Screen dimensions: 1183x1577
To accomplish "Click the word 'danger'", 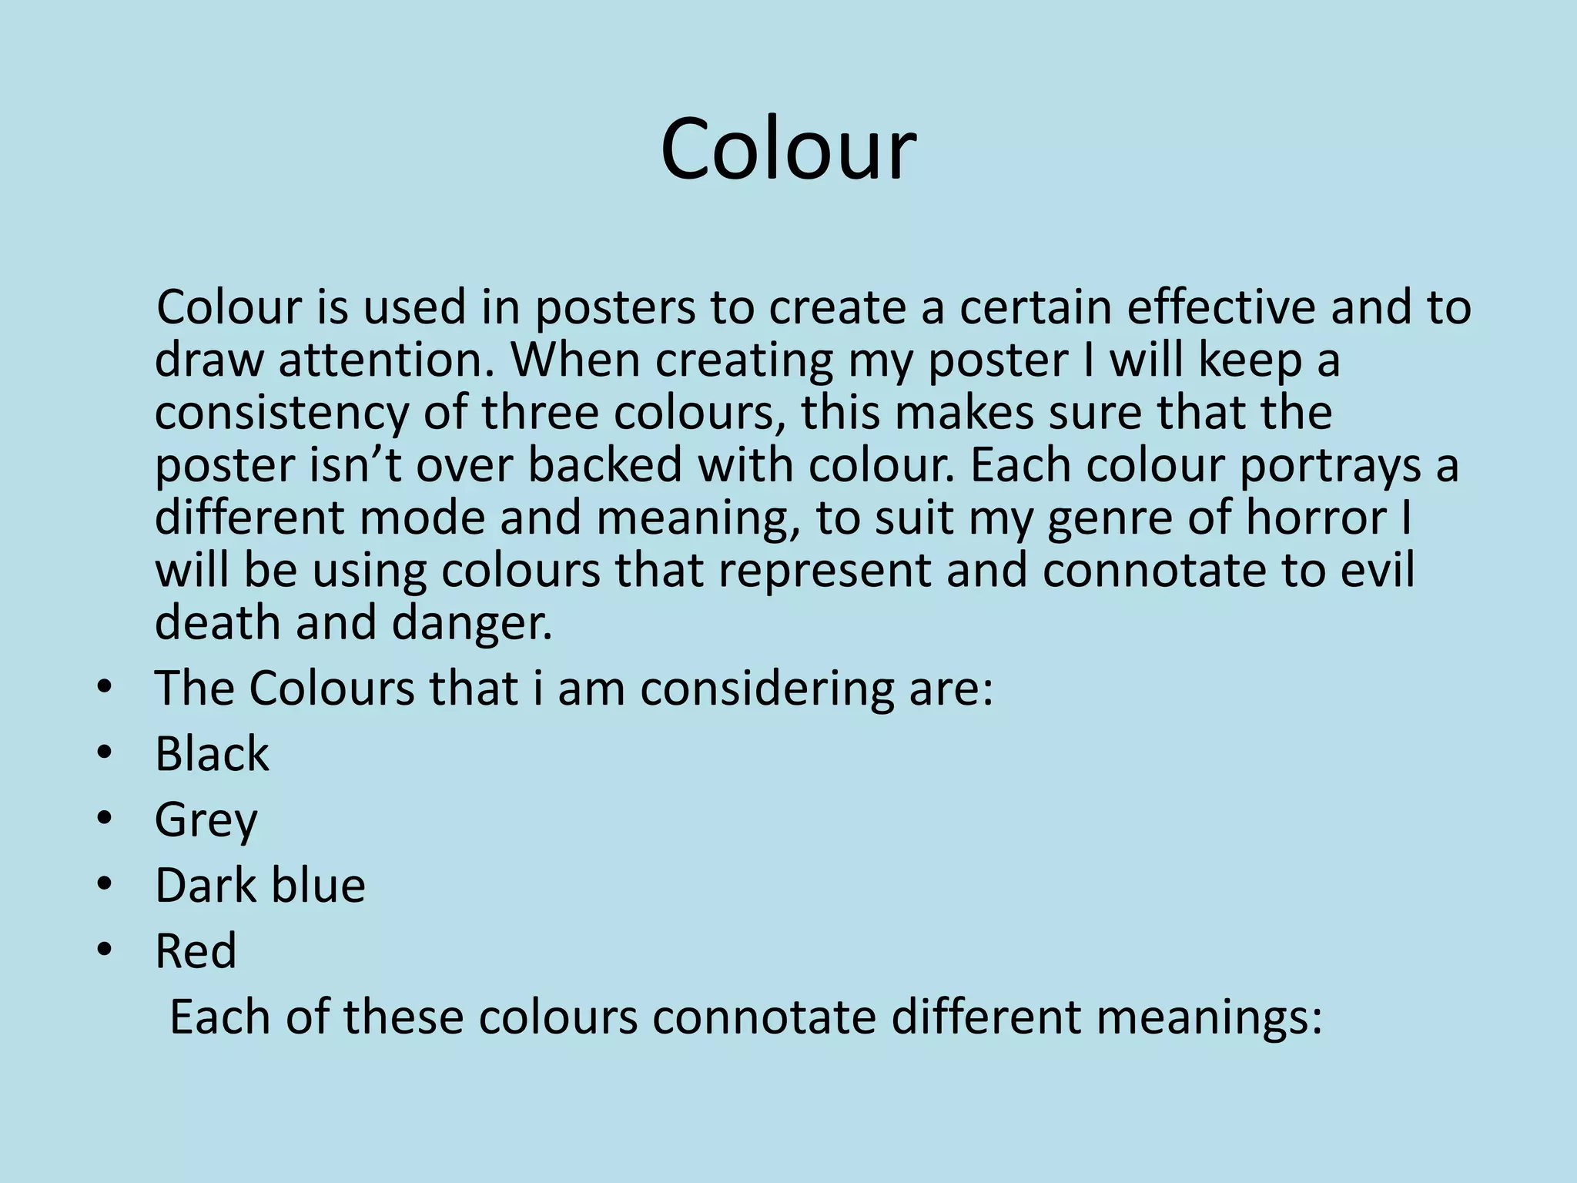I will [471, 624].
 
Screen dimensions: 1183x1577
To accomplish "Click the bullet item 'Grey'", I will [206, 820].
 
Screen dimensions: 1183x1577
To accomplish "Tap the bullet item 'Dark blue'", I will [260, 885].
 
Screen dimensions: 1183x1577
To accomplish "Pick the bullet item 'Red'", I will [196, 950].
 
